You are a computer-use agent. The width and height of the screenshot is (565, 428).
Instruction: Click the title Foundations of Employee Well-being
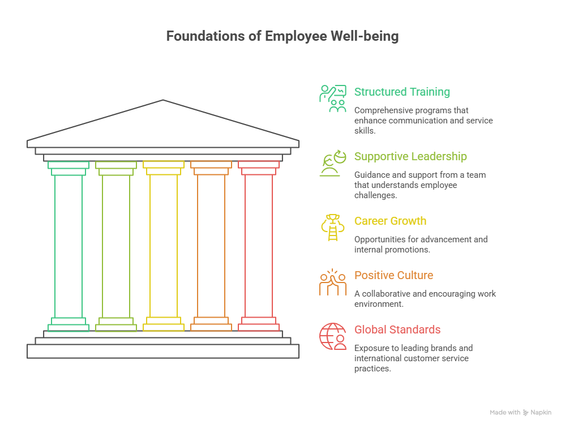(282, 37)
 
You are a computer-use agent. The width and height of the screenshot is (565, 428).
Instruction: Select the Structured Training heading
(402, 92)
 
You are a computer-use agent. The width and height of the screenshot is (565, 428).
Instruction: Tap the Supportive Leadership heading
(410, 156)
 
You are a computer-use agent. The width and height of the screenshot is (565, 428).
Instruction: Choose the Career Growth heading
(390, 221)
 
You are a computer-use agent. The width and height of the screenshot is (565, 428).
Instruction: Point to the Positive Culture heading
(393, 275)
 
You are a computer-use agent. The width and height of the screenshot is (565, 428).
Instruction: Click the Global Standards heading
(397, 329)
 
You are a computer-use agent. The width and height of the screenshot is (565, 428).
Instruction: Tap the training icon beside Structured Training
(332, 99)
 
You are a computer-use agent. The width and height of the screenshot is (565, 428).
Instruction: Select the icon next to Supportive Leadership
(332, 163)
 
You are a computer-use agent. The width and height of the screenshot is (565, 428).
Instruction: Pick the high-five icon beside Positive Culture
(332, 282)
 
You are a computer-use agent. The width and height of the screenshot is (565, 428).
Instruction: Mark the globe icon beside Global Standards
(332, 336)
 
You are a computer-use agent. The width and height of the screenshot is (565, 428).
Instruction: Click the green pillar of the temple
(69, 246)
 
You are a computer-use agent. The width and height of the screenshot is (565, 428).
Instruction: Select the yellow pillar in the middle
(164, 246)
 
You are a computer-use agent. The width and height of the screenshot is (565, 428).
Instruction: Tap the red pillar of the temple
(259, 246)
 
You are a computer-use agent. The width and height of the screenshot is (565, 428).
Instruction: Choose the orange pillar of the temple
(211, 246)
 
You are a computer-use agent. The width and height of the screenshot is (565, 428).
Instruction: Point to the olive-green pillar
(116, 246)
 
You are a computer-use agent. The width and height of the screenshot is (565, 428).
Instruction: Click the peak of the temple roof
(163, 101)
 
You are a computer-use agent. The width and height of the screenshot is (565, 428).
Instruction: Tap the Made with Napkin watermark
(520, 413)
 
